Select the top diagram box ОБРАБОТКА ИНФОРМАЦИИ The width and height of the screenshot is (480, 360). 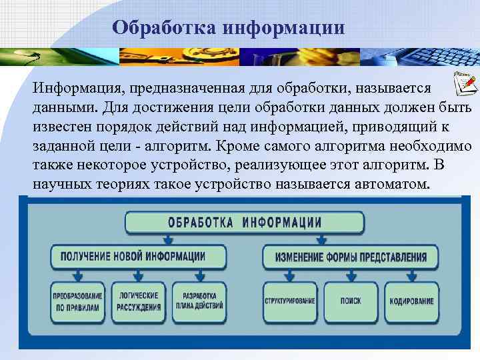click(245, 222)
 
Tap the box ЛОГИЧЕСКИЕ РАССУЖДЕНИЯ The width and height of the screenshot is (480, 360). click(139, 301)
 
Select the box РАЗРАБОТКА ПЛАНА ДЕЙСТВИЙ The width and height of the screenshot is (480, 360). click(199, 301)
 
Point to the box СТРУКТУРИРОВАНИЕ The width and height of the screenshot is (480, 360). click(290, 301)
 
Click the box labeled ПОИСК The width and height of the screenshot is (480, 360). click(351, 301)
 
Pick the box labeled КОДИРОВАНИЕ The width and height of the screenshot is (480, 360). click(411, 301)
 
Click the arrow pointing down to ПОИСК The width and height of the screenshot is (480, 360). click(351, 274)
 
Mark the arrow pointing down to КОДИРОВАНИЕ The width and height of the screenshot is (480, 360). click(412, 274)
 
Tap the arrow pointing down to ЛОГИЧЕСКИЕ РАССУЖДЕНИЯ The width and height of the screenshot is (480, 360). click(139, 274)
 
